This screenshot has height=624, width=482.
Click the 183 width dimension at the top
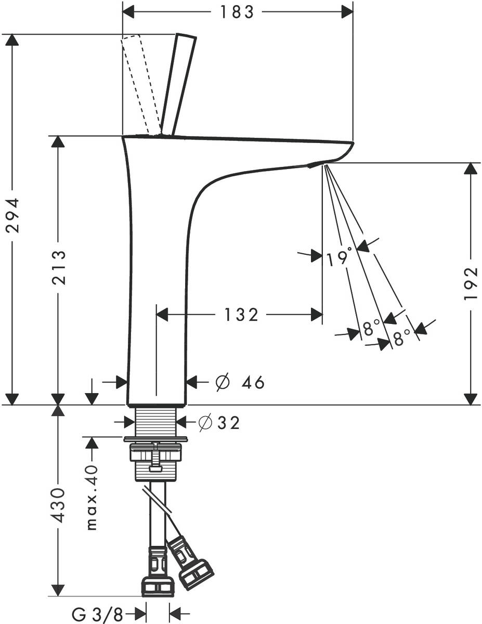point(237,11)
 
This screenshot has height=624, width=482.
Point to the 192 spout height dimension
point(471,284)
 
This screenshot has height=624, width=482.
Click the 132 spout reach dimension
point(241,314)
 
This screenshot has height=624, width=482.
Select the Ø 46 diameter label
point(240,383)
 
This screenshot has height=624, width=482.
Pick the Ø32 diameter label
point(219,423)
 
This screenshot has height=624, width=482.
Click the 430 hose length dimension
point(58,505)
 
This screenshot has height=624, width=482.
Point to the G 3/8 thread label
point(98,615)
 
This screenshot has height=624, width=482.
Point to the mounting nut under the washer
point(156,453)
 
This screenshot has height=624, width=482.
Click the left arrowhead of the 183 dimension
point(128,11)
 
